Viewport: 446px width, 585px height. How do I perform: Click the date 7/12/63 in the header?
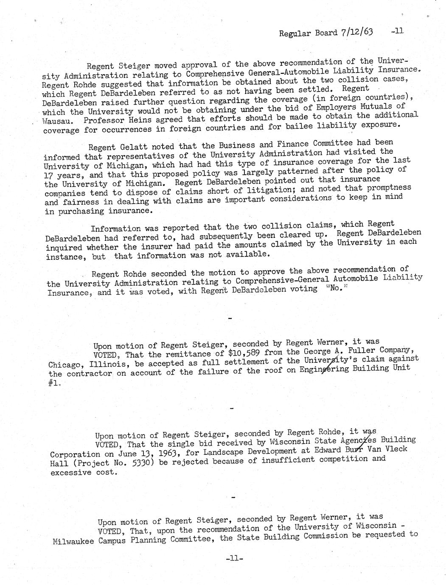[x=356, y=32]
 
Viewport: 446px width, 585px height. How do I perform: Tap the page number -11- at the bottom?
[x=234, y=559]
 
